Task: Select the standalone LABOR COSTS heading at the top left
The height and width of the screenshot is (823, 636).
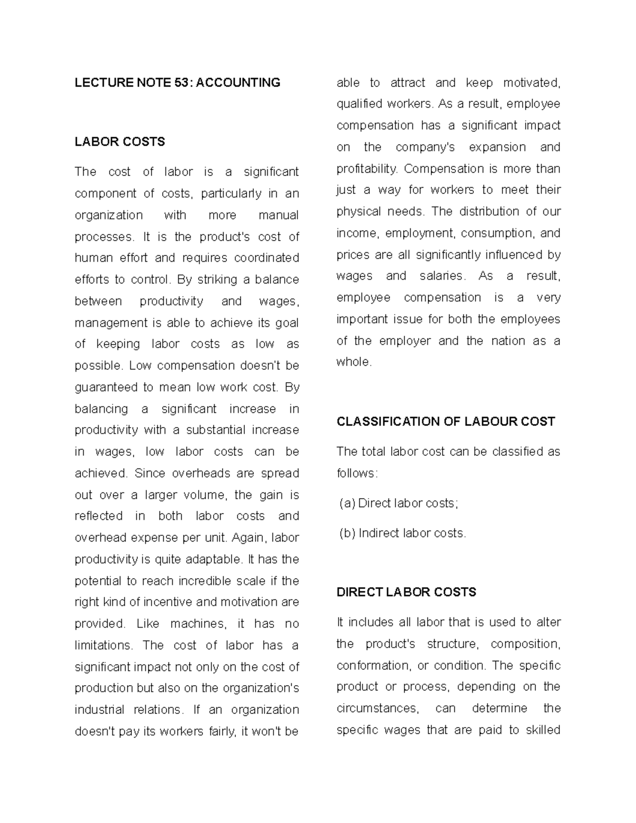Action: (x=120, y=142)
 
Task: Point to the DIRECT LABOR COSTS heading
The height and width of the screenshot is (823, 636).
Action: (x=406, y=592)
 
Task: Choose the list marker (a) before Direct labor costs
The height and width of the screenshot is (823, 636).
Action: (x=347, y=503)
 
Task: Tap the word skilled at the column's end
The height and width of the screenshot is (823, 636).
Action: (x=543, y=730)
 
